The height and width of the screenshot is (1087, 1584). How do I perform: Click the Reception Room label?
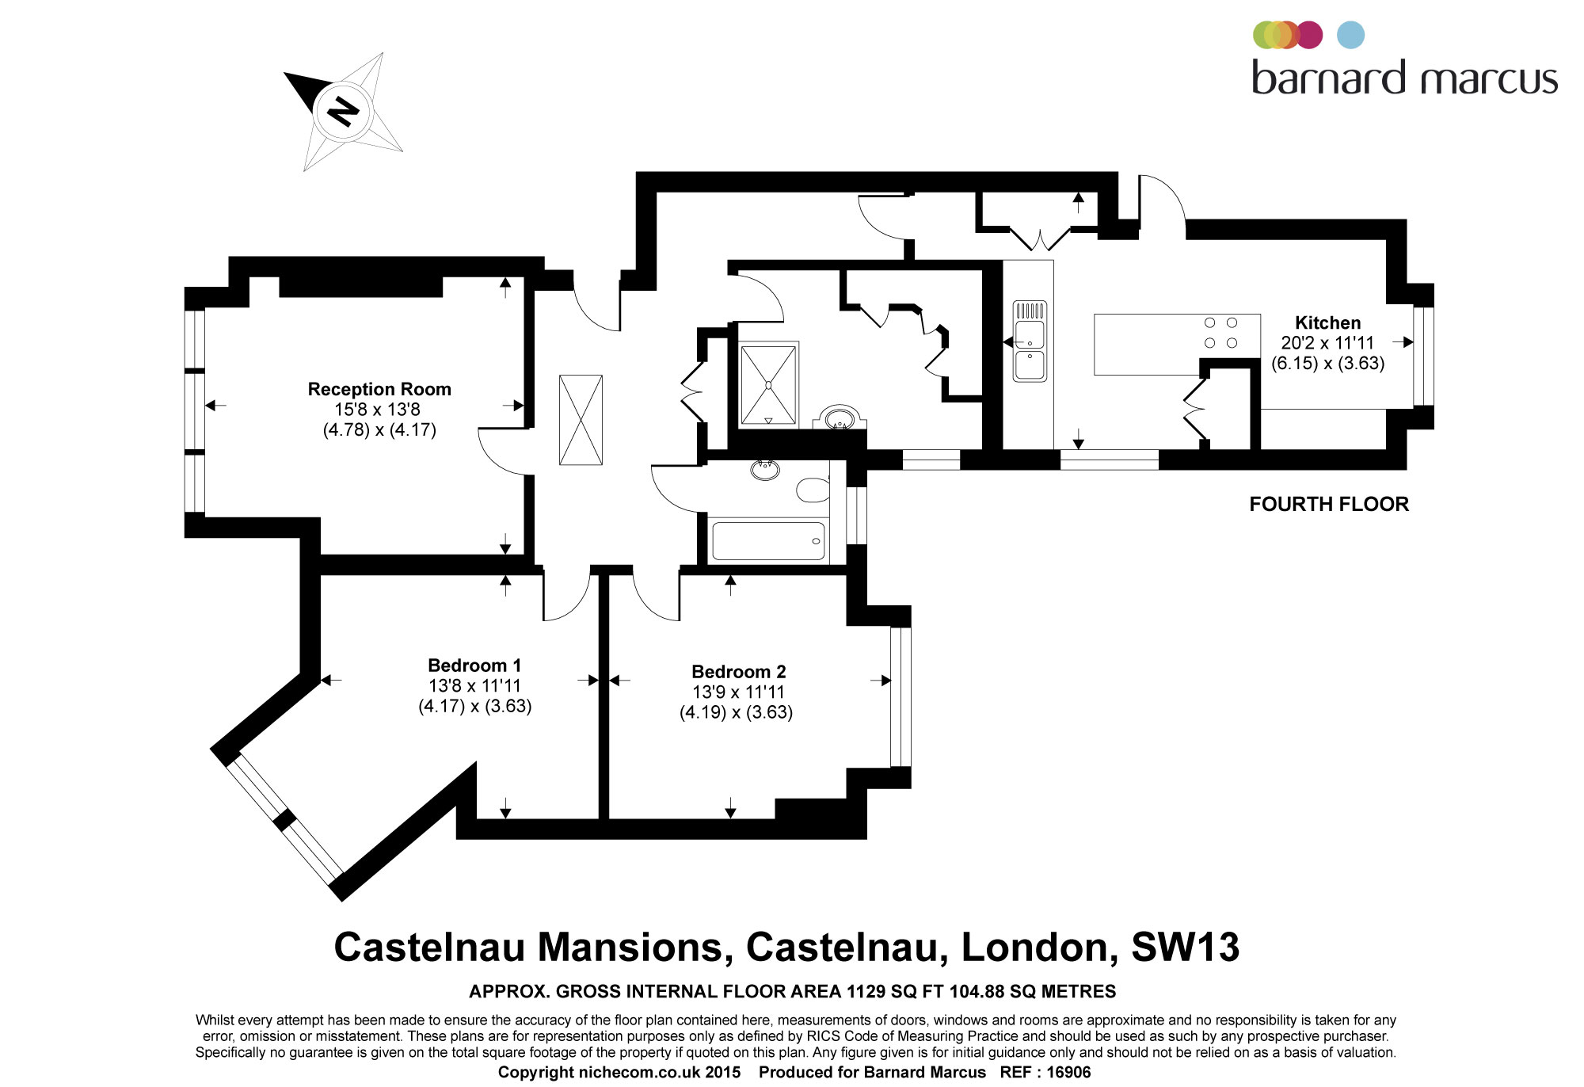pos(379,389)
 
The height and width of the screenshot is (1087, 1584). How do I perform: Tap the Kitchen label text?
pos(1327,322)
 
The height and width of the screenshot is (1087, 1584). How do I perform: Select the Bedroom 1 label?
pos(474,666)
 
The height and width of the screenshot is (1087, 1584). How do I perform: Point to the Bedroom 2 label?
pos(738,672)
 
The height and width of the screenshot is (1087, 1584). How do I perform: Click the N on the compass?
pos(343,111)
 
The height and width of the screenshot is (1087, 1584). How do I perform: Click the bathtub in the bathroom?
pos(767,541)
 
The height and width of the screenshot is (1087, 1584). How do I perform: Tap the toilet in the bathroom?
pos(813,490)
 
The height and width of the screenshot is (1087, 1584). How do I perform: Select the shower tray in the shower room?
pos(768,384)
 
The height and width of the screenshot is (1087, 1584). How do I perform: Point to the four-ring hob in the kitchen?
pos(1220,333)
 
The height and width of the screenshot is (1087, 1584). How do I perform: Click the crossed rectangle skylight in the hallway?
pos(581,420)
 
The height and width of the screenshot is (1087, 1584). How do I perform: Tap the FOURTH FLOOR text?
pos(1329,504)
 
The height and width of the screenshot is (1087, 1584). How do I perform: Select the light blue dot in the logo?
pos(1350,35)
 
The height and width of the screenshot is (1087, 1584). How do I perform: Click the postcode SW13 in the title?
pos(1185,947)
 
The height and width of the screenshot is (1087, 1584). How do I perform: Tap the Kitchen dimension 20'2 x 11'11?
pos(1327,343)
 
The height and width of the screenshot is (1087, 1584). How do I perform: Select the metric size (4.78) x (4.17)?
pos(379,430)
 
